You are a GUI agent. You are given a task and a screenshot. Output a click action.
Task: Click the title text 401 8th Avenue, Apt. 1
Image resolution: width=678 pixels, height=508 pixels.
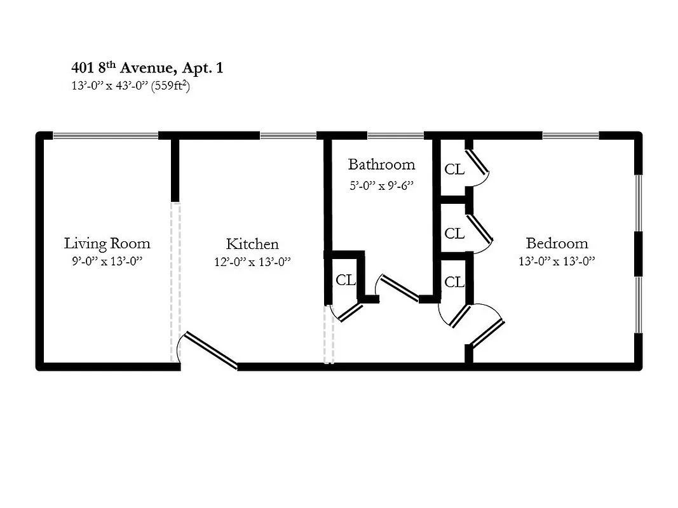(147, 68)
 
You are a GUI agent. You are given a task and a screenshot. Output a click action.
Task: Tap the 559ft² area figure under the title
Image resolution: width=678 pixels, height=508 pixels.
(171, 87)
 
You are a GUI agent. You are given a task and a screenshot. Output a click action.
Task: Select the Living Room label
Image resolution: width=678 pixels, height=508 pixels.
(107, 243)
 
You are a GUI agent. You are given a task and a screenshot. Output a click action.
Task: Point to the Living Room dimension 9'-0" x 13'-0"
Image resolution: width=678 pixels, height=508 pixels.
(107, 261)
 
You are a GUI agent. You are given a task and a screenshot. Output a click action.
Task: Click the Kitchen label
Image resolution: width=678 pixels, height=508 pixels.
(252, 244)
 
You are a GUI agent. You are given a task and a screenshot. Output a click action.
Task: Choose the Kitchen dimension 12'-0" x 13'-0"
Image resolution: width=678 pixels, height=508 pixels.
(252, 262)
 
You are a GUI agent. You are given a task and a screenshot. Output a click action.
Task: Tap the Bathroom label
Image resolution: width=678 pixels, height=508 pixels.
(381, 164)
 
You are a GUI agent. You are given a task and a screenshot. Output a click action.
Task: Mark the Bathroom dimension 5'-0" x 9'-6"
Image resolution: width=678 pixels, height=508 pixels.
(381, 185)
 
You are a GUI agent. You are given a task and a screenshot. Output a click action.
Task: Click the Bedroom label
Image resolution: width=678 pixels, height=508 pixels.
(557, 243)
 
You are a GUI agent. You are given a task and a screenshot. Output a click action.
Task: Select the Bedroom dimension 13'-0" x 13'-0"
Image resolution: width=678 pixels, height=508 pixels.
(557, 261)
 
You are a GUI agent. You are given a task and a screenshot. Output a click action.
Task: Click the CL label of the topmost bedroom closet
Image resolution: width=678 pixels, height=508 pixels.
(454, 170)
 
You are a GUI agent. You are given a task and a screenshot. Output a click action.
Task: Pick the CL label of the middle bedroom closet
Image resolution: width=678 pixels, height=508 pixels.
(454, 234)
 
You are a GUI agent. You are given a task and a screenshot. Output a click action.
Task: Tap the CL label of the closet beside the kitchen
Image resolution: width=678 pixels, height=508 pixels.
(345, 280)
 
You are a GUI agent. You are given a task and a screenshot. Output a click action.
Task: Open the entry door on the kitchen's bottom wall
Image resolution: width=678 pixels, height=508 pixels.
(210, 349)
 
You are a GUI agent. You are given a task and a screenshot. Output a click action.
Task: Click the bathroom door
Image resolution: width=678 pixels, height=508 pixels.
(398, 287)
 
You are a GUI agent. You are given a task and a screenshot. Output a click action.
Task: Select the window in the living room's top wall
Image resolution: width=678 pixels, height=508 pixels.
(105, 135)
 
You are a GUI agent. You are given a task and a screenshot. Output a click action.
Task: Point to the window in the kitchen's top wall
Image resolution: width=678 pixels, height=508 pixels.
(288, 135)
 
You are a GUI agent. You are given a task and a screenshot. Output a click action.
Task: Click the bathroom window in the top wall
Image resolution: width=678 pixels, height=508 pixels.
(395, 135)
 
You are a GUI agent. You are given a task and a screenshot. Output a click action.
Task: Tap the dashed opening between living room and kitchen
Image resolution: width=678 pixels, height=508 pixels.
(175, 282)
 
